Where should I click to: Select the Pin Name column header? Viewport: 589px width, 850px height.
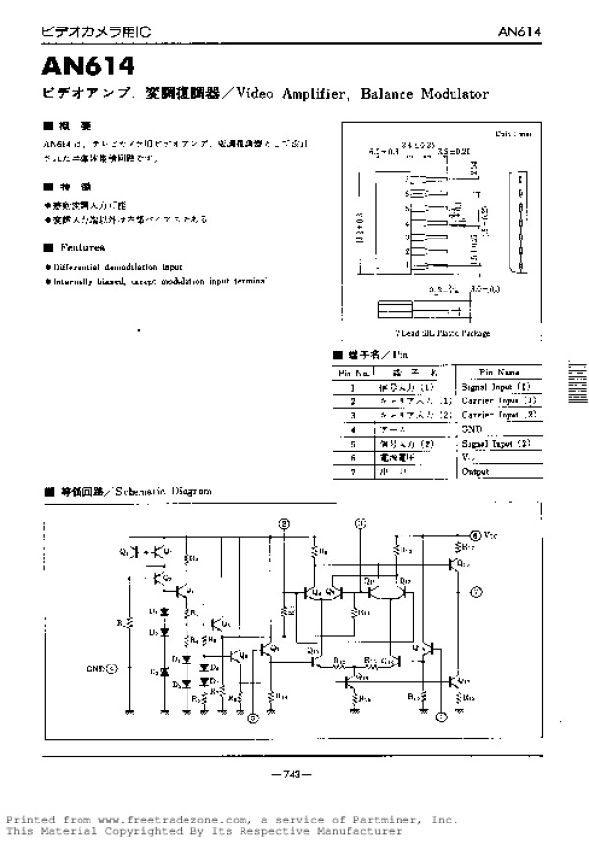coord(500,373)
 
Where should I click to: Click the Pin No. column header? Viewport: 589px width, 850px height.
coord(353,373)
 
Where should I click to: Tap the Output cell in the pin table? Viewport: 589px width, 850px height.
coord(476,471)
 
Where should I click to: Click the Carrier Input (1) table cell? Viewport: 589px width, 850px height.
coord(498,400)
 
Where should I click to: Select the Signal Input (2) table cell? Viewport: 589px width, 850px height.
coord(496,444)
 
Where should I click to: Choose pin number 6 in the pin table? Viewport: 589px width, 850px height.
coord(352,457)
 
